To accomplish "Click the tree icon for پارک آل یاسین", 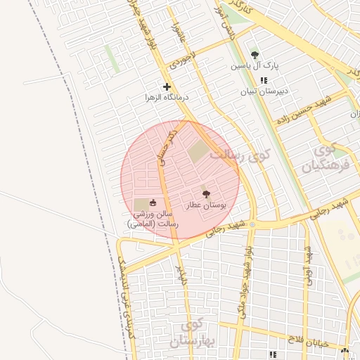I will point(255,55).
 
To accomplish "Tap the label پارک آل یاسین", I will point(255,66).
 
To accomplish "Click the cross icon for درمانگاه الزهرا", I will point(167,87).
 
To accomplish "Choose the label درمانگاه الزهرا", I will point(164,98).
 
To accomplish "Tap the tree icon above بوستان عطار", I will point(206,194).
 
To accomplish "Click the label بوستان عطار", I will point(206,205).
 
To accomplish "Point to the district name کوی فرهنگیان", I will point(325,159).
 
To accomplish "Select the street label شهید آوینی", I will point(307,260).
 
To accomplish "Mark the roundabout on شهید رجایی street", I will point(252,224).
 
